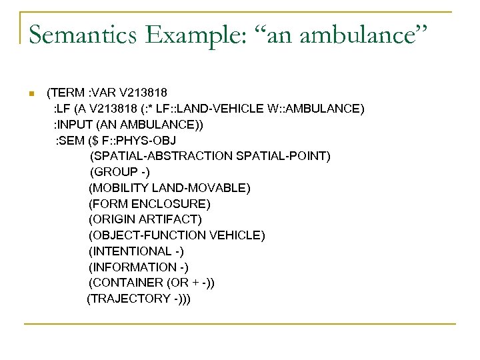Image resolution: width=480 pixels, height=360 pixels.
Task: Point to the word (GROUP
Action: tap(113, 172)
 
